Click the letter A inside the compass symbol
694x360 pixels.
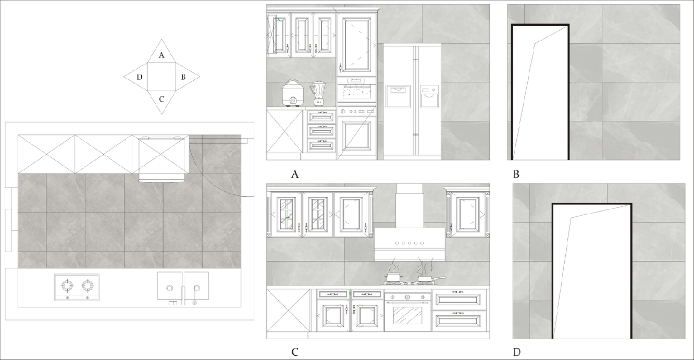click(162, 55)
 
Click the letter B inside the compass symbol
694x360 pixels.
click(183, 77)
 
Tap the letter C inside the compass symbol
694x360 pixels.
click(162, 99)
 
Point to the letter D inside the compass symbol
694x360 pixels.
click(140, 77)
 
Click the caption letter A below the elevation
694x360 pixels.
click(295, 175)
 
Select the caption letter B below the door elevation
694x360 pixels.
click(516, 175)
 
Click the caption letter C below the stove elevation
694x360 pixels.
click(295, 352)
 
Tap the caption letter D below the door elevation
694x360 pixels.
click(517, 352)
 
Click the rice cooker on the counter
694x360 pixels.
click(292, 93)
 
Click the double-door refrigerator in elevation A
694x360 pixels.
click(412, 102)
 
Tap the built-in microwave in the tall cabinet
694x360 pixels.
click(356, 90)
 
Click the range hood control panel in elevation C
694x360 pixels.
click(410, 243)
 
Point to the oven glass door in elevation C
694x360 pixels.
click(407, 315)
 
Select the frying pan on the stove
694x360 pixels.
click(431, 279)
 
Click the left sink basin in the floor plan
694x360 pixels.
click(170, 285)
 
